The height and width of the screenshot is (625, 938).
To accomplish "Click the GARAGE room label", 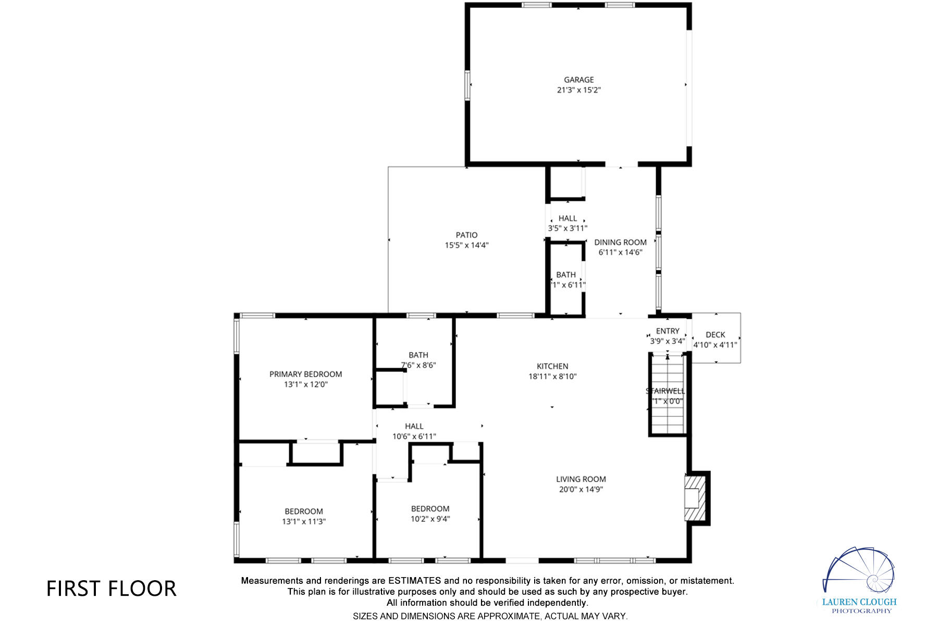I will [x=578, y=80].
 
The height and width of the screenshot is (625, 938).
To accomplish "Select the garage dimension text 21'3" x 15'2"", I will [x=578, y=90].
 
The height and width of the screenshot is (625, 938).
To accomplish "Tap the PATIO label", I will [x=466, y=235].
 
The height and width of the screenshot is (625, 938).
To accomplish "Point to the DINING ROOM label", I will [x=620, y=242].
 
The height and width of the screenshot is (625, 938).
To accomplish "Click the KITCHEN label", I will [x=552, y=366].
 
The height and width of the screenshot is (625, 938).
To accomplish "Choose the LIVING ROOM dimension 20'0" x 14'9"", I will [x=581, y=490].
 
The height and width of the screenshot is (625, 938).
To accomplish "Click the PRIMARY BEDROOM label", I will [x=305, y=374].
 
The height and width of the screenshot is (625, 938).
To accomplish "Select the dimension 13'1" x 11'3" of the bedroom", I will [x=304, y=521].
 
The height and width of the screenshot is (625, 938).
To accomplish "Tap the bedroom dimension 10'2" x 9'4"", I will [x=430, y=519].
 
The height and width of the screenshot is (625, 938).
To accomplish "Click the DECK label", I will [x=715, y=335].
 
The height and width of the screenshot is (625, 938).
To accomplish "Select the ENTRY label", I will [x=668, y=331].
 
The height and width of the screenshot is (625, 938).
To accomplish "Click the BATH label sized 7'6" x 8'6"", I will [x=418, y=355].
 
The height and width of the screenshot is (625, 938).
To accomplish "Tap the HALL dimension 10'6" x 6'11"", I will [x=414, y=436].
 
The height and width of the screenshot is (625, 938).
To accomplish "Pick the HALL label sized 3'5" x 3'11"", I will [x=567, y=218].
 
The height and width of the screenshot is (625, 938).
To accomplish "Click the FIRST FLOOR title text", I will [x=112, y=589].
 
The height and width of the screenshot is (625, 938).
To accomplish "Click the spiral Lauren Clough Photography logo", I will [x=860, y=573].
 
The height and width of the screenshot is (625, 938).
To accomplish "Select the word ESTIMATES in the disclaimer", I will [x=415, y=581].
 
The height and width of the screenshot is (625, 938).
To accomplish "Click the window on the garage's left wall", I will [x=468, y=84].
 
